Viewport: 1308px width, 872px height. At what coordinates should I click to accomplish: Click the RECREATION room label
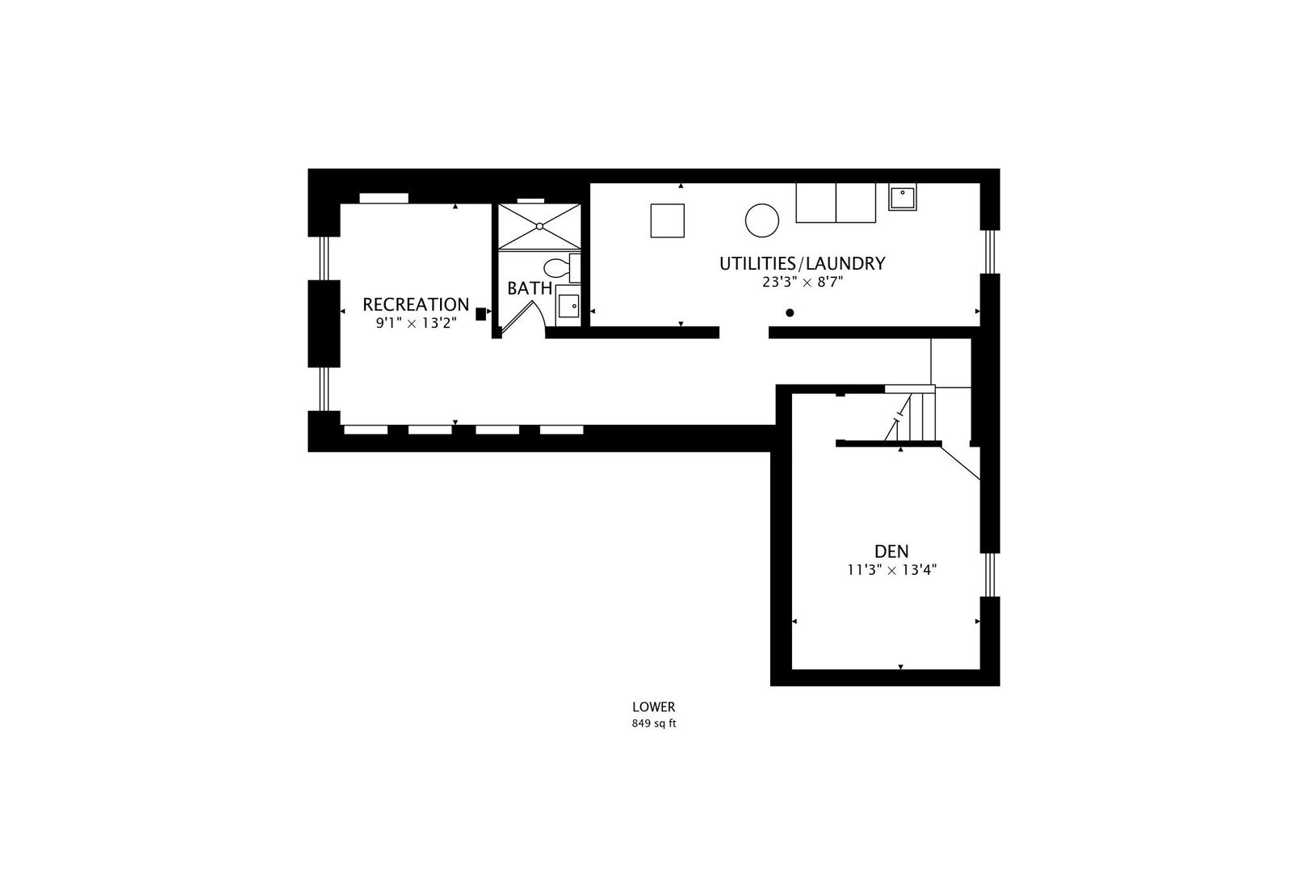(x=416, y=304)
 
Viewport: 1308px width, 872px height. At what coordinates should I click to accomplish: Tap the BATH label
(x=530, y=288)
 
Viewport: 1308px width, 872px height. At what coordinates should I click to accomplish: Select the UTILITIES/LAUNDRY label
(x=803, y=263)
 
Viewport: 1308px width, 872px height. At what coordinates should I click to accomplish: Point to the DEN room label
(x=891, y=551)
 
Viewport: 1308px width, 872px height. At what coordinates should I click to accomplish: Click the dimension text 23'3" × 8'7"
(x=803, y=283)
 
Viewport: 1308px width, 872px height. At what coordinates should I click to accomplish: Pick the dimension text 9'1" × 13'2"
(x=416, y=323)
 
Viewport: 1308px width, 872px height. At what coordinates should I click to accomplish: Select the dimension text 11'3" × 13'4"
(x=892, y=570)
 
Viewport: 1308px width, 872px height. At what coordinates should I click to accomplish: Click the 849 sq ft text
(x=654, y=723)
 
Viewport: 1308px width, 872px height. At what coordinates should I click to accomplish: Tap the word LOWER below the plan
(x=654, y=707)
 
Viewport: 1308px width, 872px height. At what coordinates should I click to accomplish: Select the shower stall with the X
(x=539, y=226)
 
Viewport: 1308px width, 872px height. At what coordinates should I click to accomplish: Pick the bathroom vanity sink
(x=568, y=305)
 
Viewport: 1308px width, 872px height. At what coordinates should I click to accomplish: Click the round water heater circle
(x=762, y=220)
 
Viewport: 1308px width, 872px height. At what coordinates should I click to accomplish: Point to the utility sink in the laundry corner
(x=902, y=197)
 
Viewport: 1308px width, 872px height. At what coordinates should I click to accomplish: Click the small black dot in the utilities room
(x=790, y=313)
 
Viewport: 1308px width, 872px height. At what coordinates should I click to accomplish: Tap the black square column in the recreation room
(x=480, y=314)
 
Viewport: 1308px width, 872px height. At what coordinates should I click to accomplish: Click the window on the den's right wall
(x=990, y=575)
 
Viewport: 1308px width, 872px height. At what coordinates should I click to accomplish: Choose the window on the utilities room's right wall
(x=990, y=252)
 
